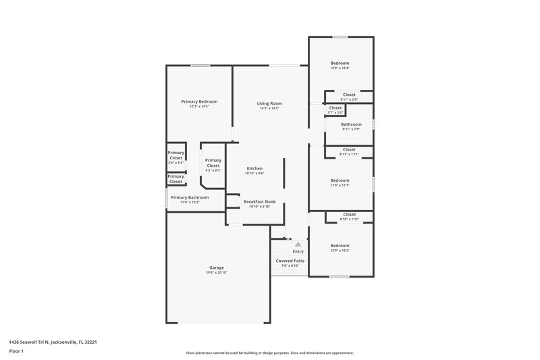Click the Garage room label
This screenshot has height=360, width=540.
(216, 267)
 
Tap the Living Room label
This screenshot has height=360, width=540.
(269, 103)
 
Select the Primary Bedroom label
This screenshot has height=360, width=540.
(199, 101)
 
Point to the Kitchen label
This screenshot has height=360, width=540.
(254, 168)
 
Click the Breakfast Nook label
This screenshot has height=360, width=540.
(259, 201)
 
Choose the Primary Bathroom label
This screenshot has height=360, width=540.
(190, 197)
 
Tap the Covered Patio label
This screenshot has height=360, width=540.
(290, 260)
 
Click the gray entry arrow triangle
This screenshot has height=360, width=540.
(289, 244)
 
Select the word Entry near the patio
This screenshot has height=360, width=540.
(298, 251)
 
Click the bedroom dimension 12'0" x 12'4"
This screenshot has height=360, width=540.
(340, 68)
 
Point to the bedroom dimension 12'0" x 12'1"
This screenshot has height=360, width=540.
(340, 185)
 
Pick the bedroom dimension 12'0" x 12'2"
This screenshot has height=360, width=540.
(340, 251)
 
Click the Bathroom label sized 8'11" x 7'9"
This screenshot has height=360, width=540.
(351, 124)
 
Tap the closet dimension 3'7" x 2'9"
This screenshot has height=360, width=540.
(335, 112)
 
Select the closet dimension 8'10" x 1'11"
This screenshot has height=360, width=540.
(349, 219)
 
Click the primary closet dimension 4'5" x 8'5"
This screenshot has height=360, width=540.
(213, 170)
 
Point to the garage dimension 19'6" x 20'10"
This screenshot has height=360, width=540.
(216, 272)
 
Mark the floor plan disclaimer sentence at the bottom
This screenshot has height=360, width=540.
(270, 353)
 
